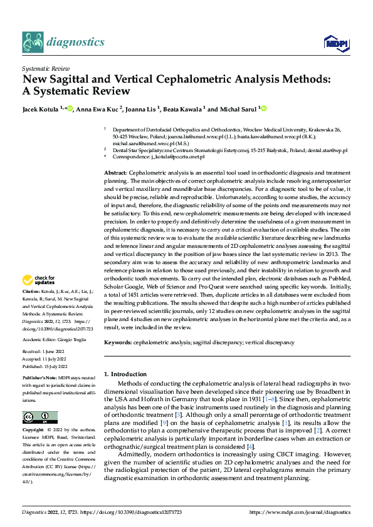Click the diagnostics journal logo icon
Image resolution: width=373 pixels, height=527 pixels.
click(x=33, y=42)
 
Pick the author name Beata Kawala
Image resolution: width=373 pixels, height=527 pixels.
click(x=182, y=109)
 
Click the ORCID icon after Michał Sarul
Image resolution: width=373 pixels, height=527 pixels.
click(x=264, y=109)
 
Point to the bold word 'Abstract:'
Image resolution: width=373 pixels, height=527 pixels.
click(x=115, y=172)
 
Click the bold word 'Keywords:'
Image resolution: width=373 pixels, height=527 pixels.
click(x=118, y=343)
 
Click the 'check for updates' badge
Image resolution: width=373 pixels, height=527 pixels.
click(x=39, y=280)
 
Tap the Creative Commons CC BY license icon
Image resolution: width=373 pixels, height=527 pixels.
click(x=39, y=417)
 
